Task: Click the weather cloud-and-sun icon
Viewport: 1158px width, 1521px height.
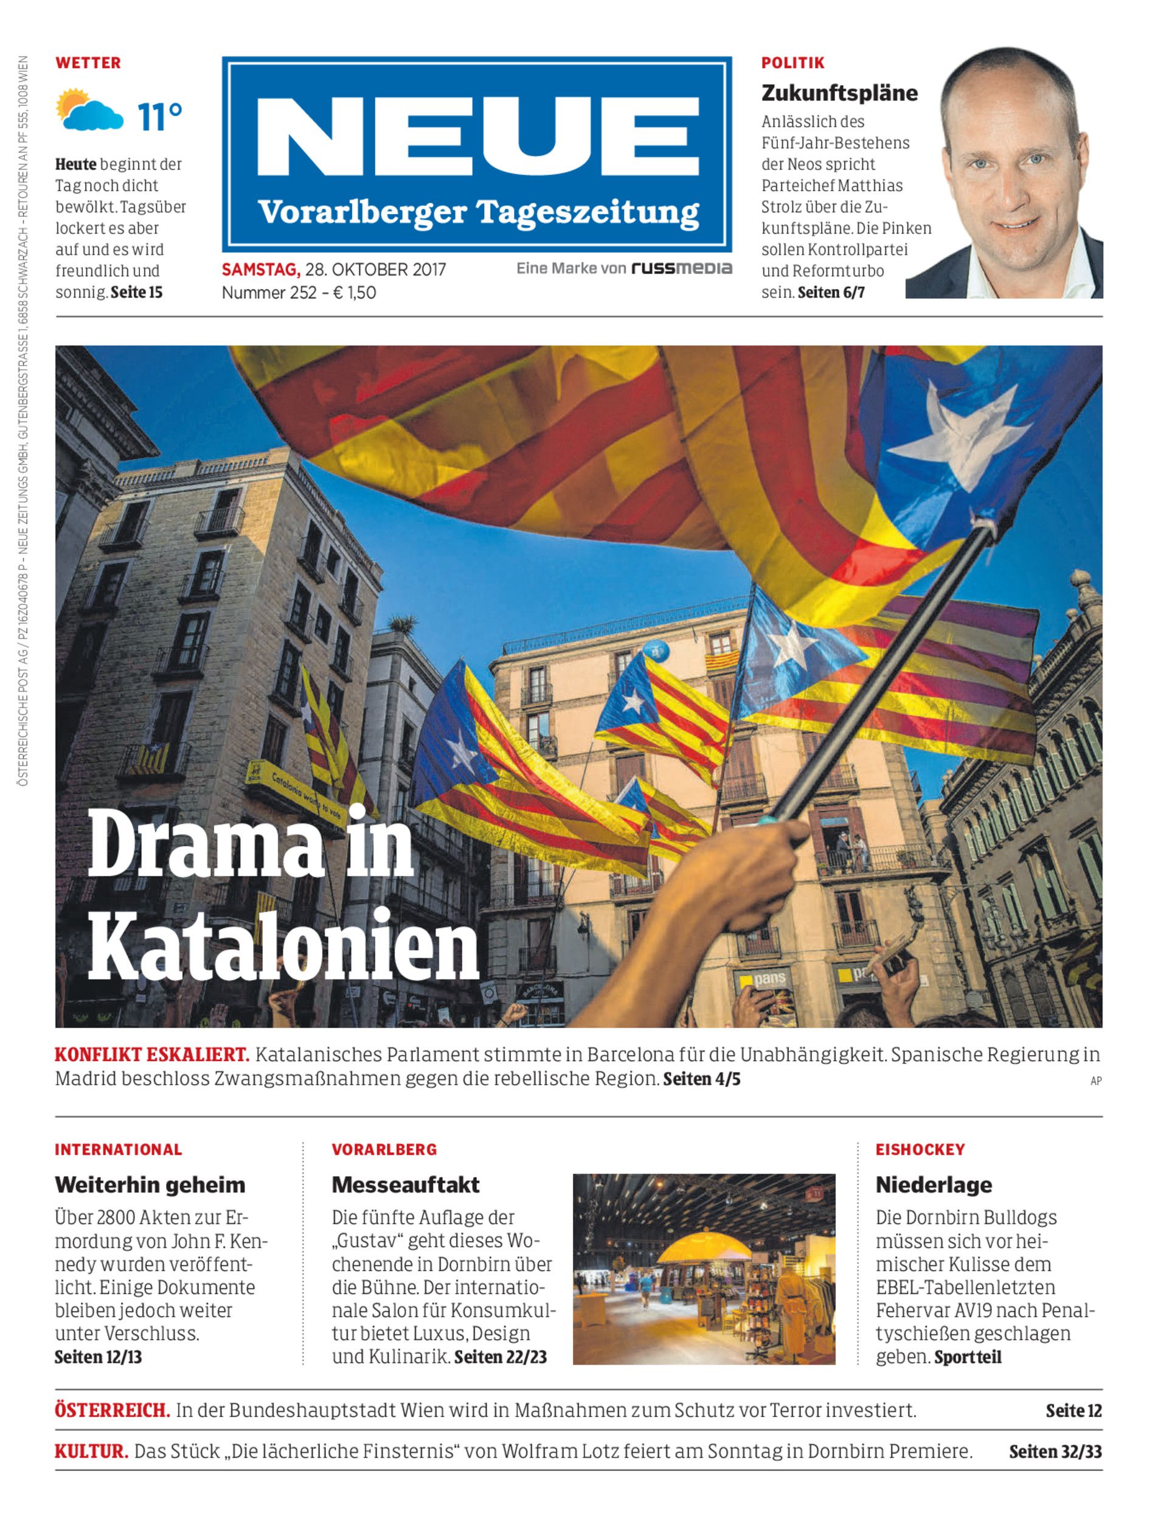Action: pyautogui.click(x=89, y=110)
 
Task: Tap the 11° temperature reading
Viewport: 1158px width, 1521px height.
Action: pyautogui.click(x=159, y=117)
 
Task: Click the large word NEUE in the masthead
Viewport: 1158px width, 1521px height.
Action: pyautogui.click(x=477, y=136)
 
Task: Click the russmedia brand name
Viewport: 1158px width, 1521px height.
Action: pyautogui.click(x=681, y=268)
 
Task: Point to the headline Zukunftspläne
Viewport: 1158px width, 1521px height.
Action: pyautogui.click(x=839, y=93)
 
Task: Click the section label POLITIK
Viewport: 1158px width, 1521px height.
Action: pyautogui.click(x=792, y=63)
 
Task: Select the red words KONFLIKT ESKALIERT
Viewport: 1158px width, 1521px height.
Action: pyautogui.click(x=151, y=1055)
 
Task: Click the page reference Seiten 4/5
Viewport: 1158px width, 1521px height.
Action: pyautogui.click(x=701, y=1079)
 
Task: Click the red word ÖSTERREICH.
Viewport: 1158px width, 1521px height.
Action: pyautogui.click(x=113, y=1411)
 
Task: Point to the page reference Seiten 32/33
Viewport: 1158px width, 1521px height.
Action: pyautogui.click(x=1055, y=1452)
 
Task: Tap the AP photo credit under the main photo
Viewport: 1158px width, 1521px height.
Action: pyautogui.click(x=1095, y=1081)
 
